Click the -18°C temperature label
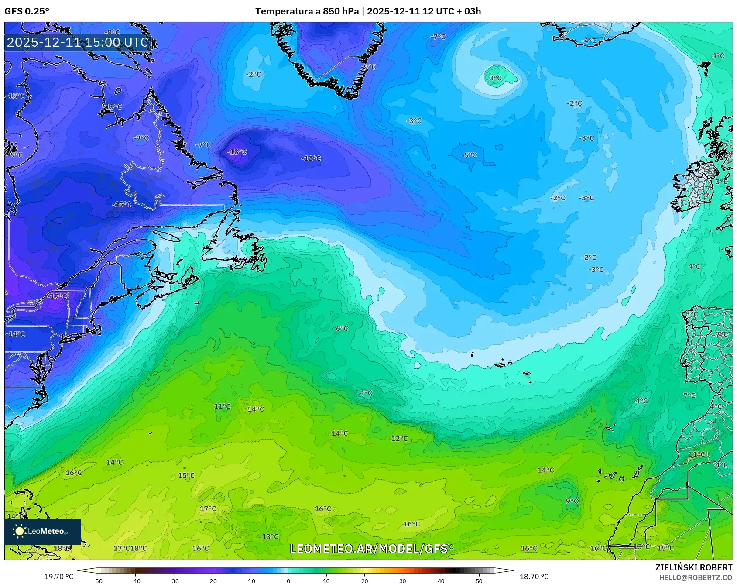[237, 152]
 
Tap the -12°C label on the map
[311, 158]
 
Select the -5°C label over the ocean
[469, 155]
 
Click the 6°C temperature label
[342, 328]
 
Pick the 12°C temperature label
[400, 438]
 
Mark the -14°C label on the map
[16, 334]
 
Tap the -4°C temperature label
[589, 41]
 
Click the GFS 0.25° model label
[27, 11]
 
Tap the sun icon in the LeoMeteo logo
[19, 531]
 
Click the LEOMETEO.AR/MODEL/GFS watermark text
[368, 549]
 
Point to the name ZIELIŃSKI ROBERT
[694, 567]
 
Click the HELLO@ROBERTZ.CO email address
[696, 577]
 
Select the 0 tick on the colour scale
[288, 581]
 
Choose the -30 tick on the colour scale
[174, 581]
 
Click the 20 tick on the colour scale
[364, 581]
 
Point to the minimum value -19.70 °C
[57, 577]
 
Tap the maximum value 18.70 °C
[534, 577]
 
